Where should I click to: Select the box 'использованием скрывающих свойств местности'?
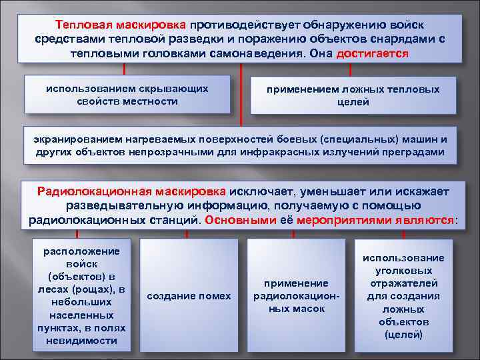coord(127,94)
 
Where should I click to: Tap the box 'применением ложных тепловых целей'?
coord(353,95)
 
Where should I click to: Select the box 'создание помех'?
coord(189,295)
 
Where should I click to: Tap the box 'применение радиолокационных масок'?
coord(296,295)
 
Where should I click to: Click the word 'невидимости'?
coord(82,340)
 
